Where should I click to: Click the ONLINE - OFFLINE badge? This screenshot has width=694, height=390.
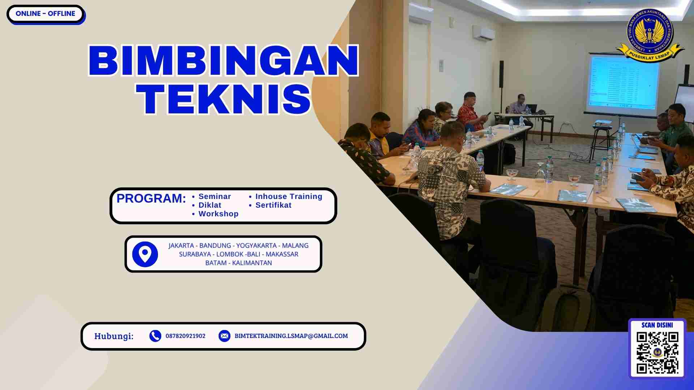[x=46, y=14]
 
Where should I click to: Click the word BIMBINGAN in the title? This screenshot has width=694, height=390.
[x=223, y=61]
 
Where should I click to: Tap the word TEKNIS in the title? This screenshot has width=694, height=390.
[x=223, y=99]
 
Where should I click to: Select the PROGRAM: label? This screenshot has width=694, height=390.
[x=151, y=198]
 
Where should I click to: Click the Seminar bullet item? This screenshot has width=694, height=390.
[x=214, y=196]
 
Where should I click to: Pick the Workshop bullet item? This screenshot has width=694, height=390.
[x=218, y=214]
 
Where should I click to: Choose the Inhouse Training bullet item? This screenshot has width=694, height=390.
[x=288, y=196]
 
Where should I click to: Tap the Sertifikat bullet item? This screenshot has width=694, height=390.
[x=273, y=205]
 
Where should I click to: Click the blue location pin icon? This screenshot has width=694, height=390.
[x=145, y=254]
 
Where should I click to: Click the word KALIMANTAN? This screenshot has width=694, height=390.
[x=252, y=263]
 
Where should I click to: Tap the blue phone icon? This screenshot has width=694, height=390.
[x=155, y=336]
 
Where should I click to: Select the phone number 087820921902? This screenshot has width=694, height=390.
[x=185, y=336]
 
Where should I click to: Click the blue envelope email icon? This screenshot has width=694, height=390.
[x=224, y=336]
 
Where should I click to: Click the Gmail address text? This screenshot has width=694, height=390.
[x=291, y=336]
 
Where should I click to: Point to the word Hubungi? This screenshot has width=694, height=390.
[x=114, y=336]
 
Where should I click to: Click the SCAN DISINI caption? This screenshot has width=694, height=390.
[x=657, y=325]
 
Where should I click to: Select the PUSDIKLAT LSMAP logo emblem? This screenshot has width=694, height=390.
[x=650, y=35]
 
